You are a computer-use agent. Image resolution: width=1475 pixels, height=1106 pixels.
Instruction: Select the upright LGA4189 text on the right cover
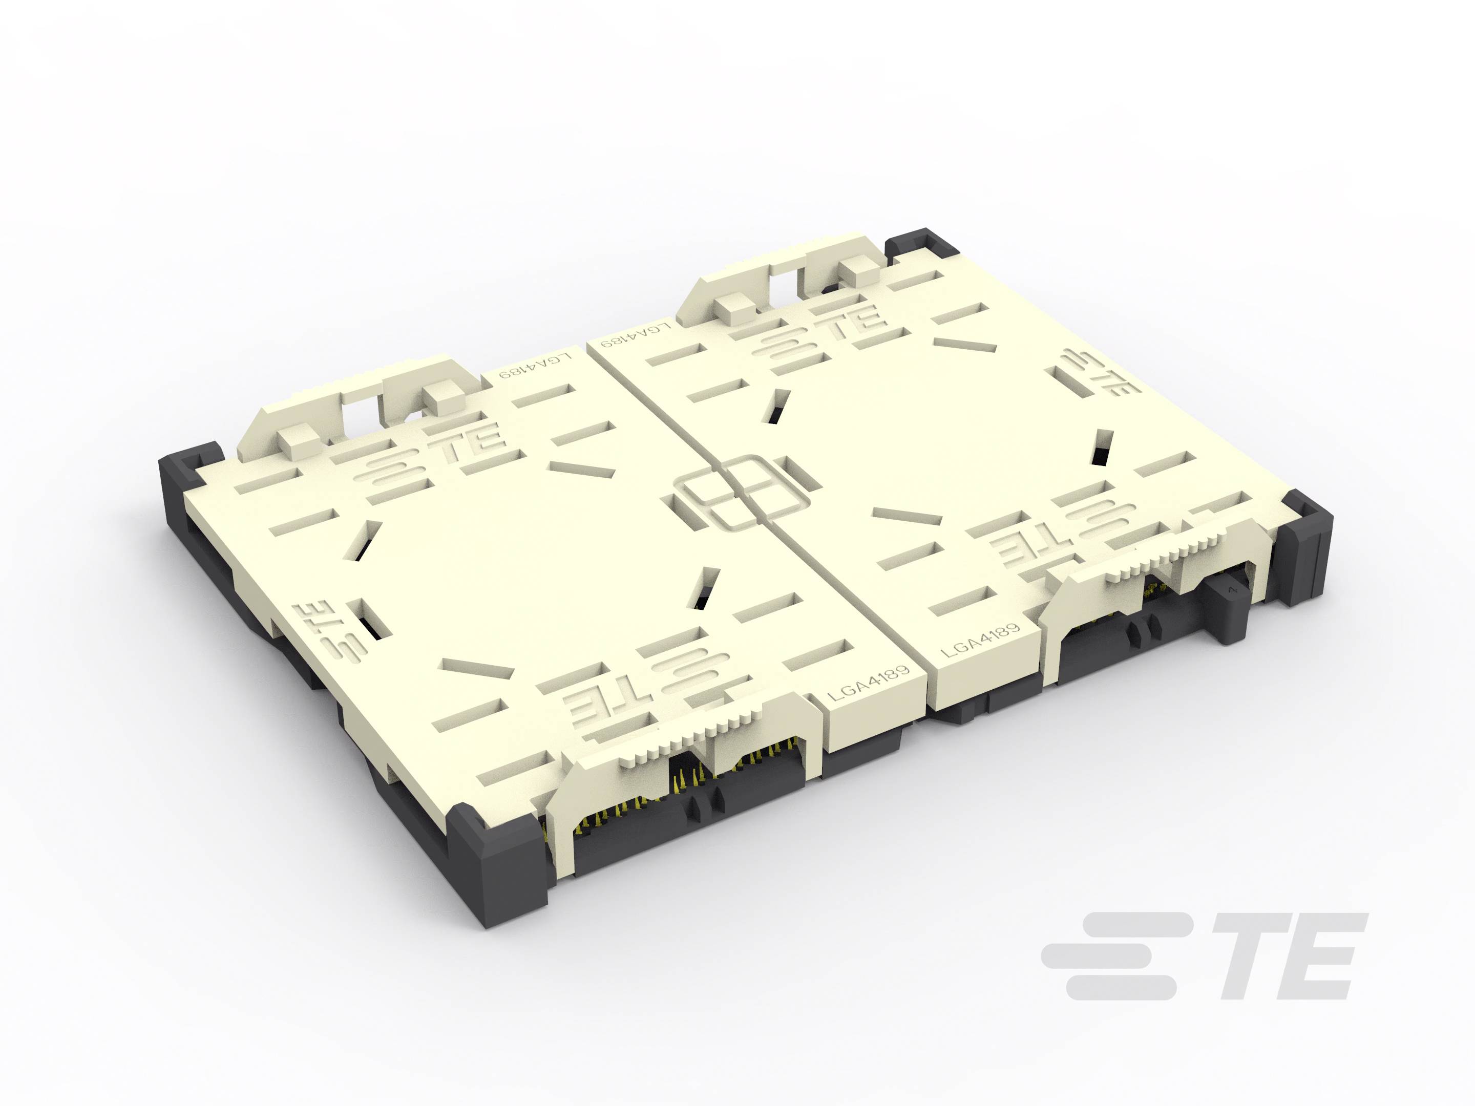[x=980, y=640]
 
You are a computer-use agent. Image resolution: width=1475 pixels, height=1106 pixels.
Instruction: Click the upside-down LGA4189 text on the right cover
[x=634, y=335]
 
